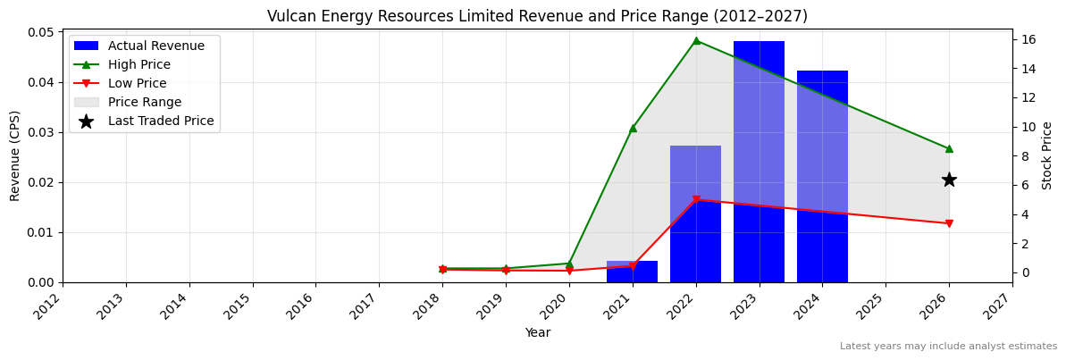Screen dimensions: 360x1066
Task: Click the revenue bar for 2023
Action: (759, 162)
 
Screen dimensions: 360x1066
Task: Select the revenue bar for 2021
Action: (632, 272)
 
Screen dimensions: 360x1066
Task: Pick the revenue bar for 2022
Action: (695, 214)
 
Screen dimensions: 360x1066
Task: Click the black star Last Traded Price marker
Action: (949, 180)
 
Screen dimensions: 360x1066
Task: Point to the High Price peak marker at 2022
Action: (696, 40)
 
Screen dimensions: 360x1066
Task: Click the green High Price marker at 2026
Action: (949, 148)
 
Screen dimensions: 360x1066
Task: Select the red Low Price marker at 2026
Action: (949, 223)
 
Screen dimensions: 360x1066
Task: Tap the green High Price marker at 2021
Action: (633, 128)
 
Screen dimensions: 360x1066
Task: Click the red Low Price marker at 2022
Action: (696, 200)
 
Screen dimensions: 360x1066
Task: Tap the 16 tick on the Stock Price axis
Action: (1027, 39)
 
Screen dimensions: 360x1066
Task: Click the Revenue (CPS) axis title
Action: (15, 155)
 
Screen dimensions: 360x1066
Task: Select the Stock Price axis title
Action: (1048, 155)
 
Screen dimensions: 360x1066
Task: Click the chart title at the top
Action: (537, 16)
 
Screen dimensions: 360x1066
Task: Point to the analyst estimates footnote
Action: (948, 347)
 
